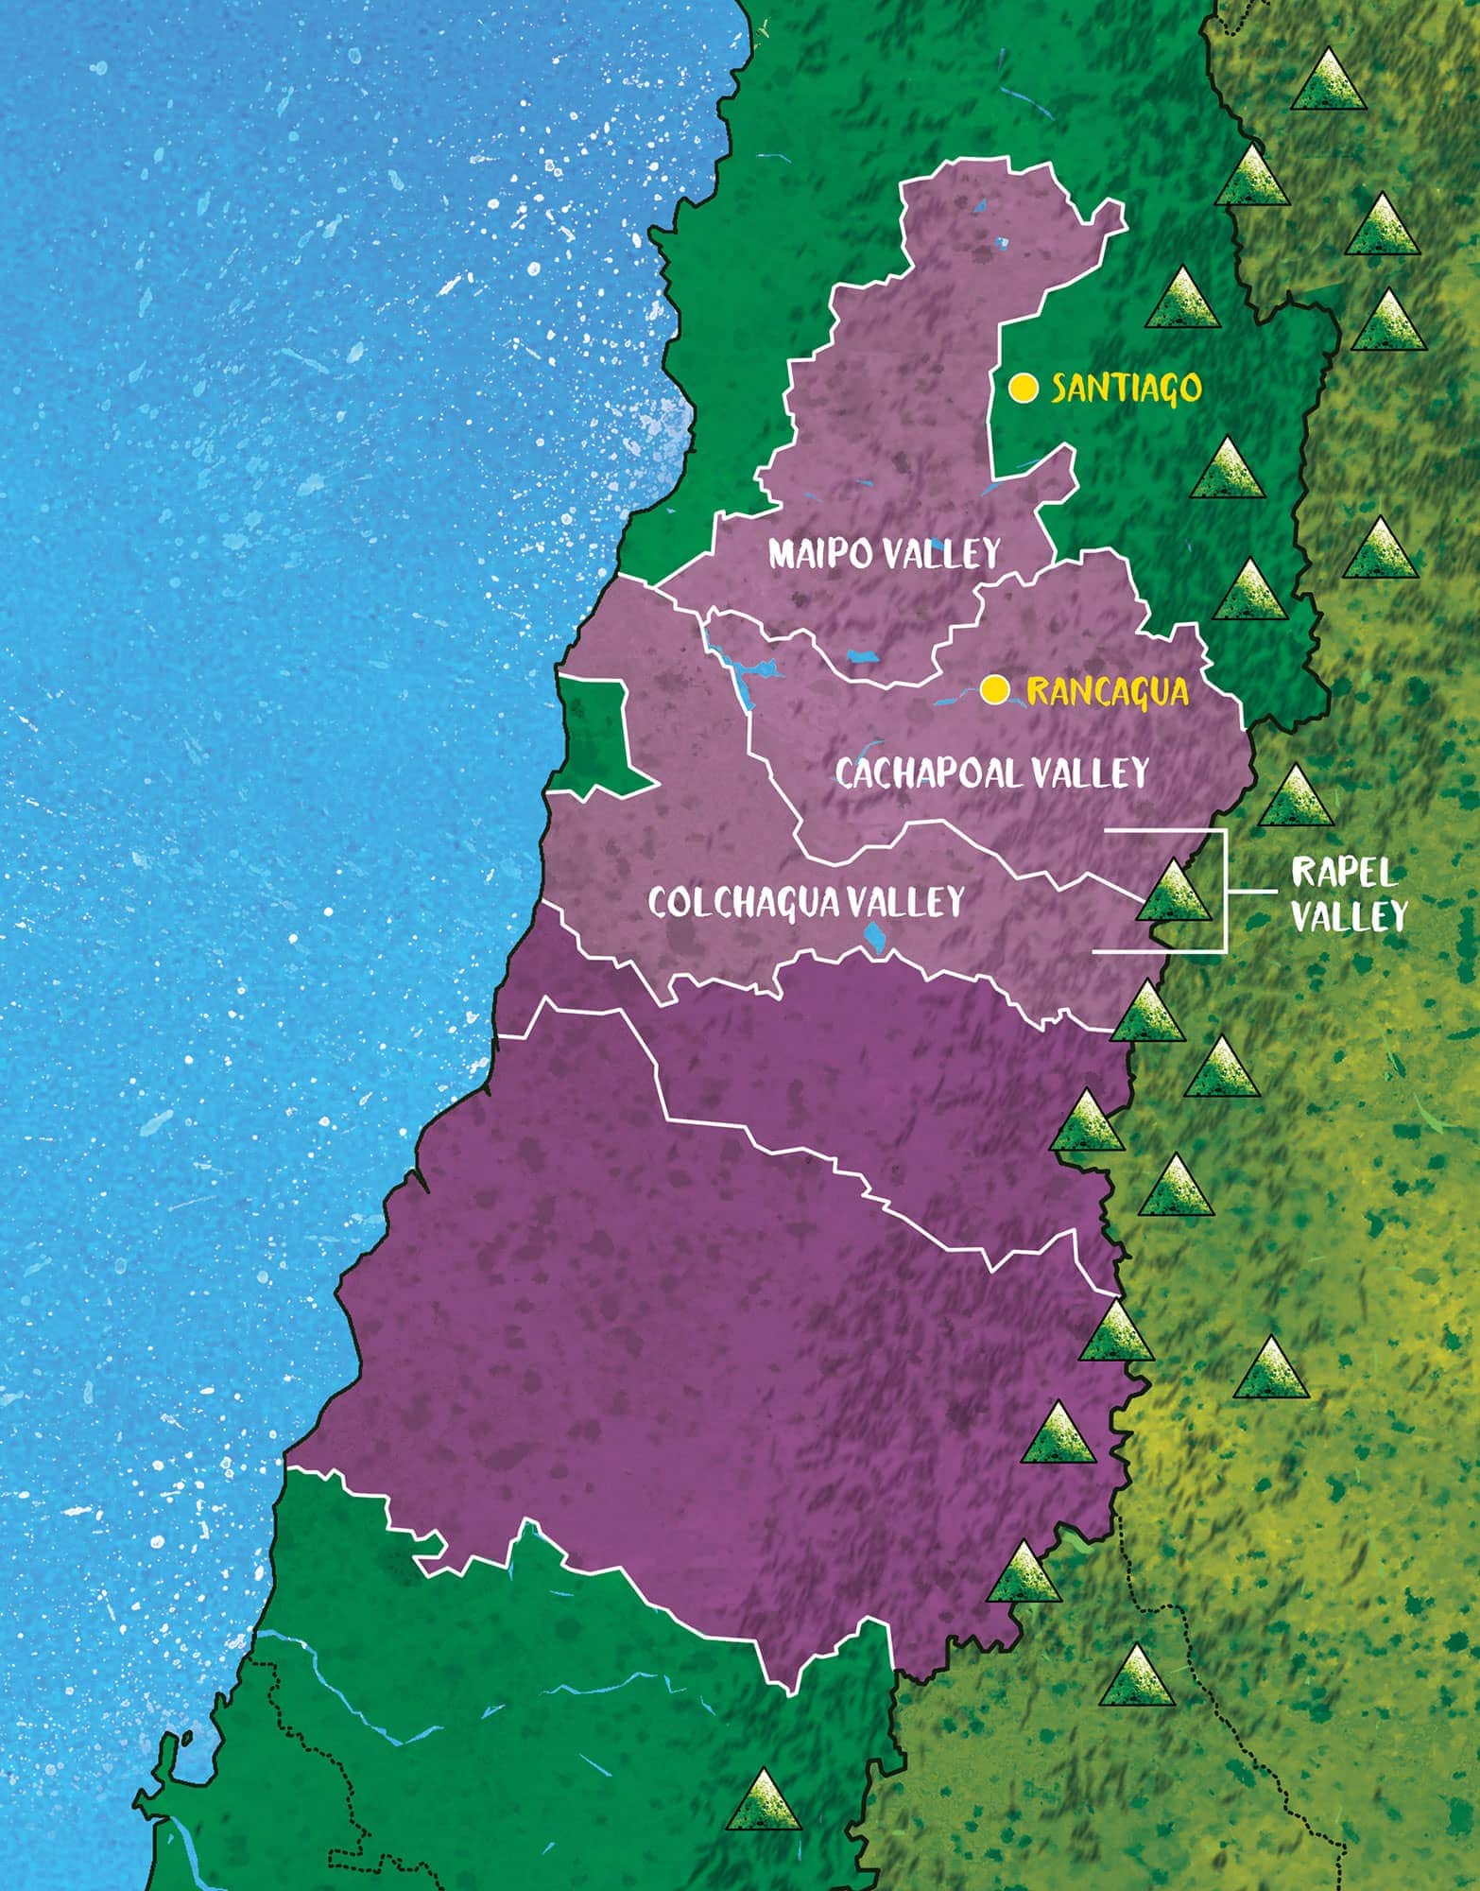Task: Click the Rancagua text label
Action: [1107, 691]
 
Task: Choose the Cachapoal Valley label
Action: [991, 773]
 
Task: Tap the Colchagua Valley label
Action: [806, 901]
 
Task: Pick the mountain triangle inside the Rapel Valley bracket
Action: [1173, 892]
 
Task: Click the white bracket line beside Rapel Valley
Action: [1225, 892]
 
